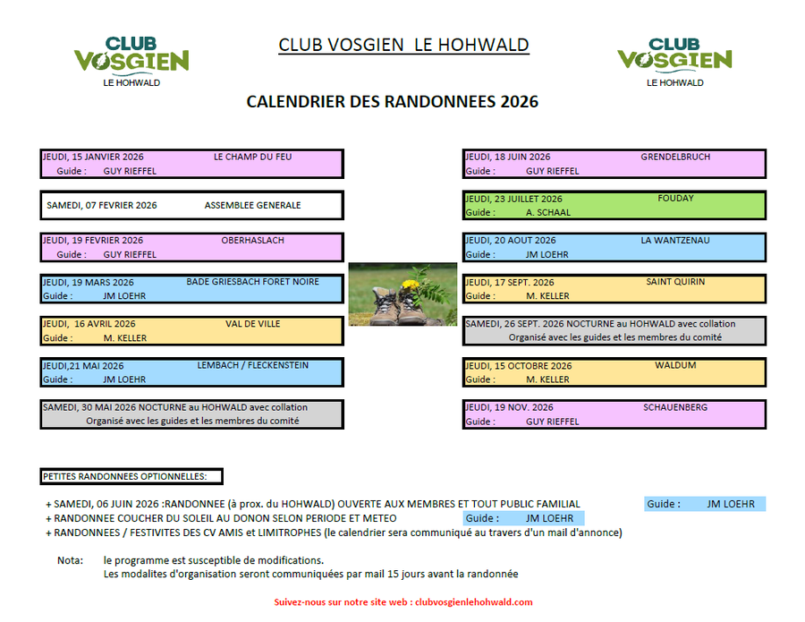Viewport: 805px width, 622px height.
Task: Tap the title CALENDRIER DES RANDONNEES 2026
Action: point(392,102)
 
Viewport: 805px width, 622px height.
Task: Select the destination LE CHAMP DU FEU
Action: point(252,157)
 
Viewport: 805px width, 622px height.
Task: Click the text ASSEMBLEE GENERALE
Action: point(252,205)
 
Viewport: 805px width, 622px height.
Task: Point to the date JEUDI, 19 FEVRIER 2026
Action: point(93,240)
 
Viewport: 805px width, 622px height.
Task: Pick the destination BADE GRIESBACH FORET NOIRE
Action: point(252,282)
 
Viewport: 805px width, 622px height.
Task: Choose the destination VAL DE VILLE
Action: point(252,324)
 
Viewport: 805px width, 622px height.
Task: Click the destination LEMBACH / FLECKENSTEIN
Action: point(252,365)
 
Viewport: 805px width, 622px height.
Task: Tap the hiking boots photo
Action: point(402,294)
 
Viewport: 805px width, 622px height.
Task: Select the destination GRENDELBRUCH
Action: point(675,157)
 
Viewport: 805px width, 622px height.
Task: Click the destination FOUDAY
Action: point(675,198)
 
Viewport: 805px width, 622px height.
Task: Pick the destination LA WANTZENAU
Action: point(675,240)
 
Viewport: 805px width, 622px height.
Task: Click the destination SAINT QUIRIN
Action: point(675,282)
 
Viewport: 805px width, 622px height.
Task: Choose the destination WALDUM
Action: point(675,365)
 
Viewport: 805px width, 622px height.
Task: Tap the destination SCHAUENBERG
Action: point(675,407)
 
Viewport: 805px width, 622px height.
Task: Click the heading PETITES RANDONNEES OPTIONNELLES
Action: point(124,476)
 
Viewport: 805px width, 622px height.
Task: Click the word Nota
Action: point(69,560)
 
